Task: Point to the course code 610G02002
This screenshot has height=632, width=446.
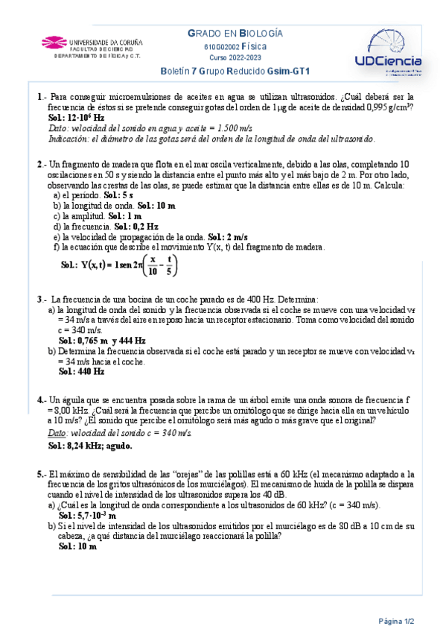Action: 220,46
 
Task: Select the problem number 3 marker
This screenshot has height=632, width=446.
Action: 41,299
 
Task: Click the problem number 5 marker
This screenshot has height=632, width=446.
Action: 41,474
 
